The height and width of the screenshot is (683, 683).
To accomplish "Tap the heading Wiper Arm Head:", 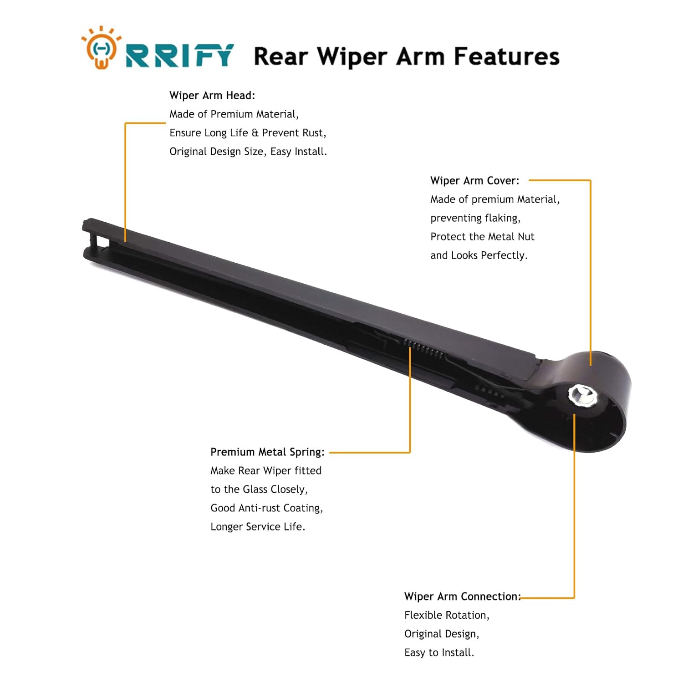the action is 212,96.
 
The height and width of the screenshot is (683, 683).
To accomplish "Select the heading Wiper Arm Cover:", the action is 474,181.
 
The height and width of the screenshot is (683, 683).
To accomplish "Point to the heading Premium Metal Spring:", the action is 267,452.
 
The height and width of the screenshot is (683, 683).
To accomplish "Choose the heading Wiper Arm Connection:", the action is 462,596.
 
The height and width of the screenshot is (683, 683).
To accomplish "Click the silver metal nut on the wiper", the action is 582,395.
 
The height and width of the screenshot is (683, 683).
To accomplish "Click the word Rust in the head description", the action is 313,133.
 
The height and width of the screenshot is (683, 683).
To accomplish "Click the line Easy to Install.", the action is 439,652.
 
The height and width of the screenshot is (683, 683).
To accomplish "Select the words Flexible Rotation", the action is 446,615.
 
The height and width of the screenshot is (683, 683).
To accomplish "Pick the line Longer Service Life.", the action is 258,527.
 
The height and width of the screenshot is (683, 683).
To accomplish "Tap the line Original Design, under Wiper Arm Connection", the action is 442,634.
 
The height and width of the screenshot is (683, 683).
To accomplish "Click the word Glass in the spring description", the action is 255,489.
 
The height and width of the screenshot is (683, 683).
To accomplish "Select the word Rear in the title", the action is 280,57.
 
